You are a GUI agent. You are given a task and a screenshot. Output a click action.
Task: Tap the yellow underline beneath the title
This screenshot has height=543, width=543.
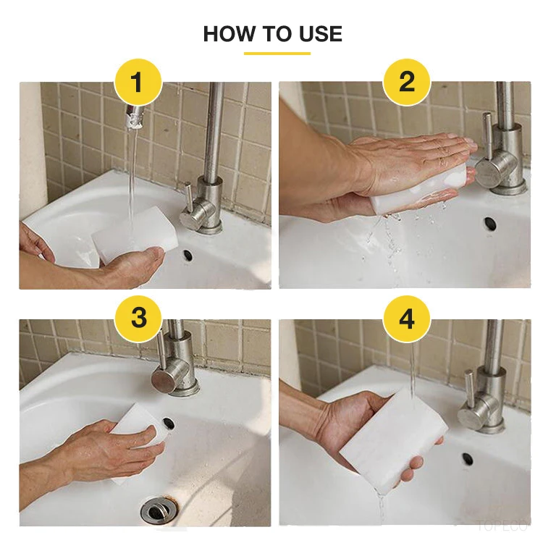point(277,54)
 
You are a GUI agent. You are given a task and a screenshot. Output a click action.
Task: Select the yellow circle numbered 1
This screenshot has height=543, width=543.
point(138,83)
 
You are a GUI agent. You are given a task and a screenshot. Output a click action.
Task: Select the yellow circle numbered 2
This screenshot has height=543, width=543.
point(407,83)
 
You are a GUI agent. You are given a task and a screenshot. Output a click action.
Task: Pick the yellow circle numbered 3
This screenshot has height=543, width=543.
point(138,319)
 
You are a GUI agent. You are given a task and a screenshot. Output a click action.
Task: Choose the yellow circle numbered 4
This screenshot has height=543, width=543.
point(407,319)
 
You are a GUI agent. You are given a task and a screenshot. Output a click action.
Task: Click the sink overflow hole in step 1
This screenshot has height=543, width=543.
point(188,256)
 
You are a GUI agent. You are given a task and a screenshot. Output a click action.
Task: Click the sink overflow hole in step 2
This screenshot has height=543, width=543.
point(490,224)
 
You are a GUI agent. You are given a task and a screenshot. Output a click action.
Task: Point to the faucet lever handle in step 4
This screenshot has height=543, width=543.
point(470,389)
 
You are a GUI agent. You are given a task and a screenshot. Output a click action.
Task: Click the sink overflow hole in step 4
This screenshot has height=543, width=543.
point(468,459)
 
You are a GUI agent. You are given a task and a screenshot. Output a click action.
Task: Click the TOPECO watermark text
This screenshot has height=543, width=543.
point(502,526)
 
